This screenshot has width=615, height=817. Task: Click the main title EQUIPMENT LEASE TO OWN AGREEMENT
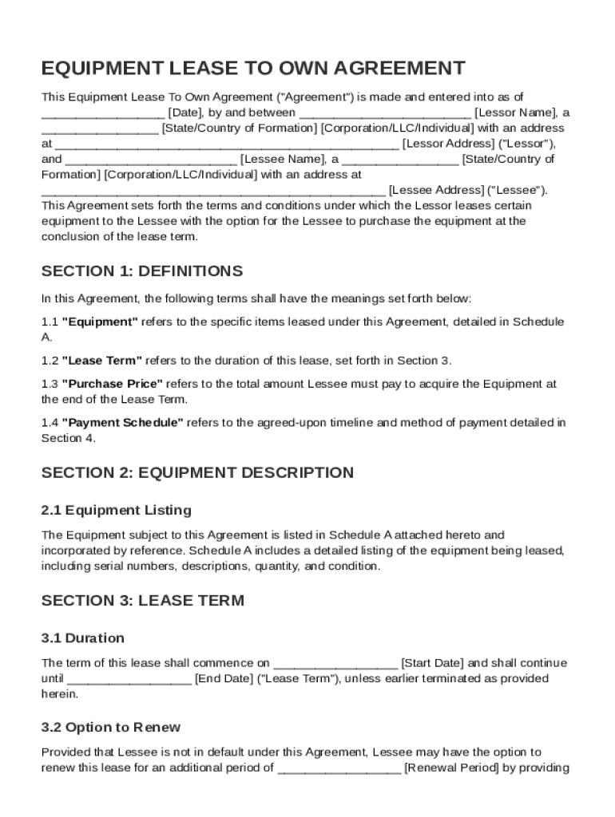click(x=252, y=68)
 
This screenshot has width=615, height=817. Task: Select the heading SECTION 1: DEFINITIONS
click(x=142, y=271)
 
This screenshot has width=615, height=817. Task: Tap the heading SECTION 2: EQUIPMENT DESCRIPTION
click(x=197, y=472)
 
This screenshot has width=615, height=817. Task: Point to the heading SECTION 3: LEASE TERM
click(x=143, y=600)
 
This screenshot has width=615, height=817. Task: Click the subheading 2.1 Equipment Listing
click(x=117, y=510)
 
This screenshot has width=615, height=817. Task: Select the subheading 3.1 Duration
click(x=83, y=637)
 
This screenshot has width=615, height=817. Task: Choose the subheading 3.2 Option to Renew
click(x=111, y=727)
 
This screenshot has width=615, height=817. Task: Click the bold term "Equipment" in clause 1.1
click(x=101, y=322)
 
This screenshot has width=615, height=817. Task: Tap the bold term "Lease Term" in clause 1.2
click(x=102, y=360)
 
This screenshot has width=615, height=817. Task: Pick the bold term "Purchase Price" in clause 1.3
click(x=113, y=384)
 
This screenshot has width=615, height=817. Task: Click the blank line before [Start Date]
click(x=335, y=663)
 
